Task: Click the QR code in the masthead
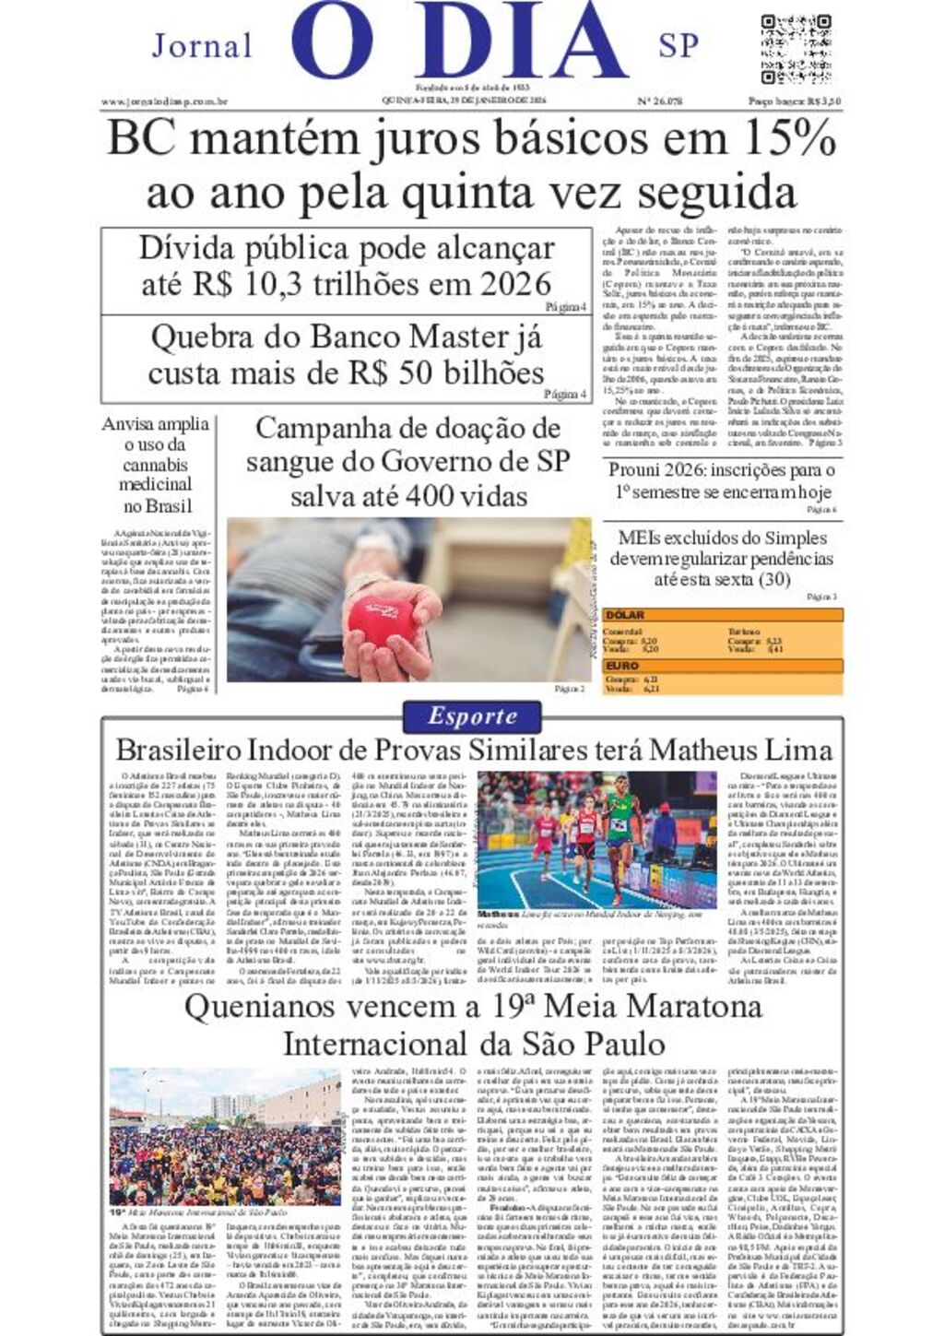coord(796,49)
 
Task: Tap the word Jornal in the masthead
coord(202,45)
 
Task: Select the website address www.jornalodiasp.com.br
coord(164,101)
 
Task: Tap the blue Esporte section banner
coord(472,716)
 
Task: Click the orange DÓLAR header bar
coord(723,615)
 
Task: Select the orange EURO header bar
coord(723,666)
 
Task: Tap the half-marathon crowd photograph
coord(224,1136)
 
